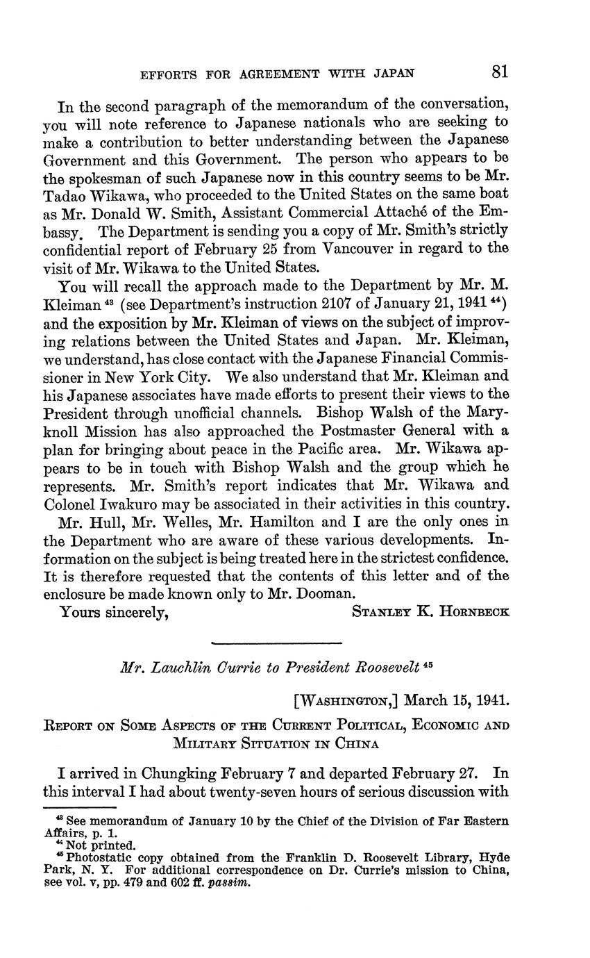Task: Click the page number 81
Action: pyautogui.click(x=500, y=72)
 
